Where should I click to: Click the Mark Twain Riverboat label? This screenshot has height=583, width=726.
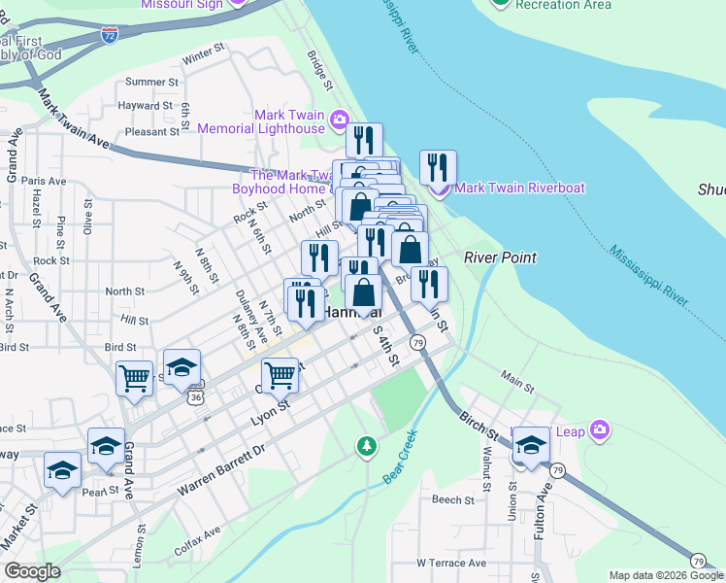520,188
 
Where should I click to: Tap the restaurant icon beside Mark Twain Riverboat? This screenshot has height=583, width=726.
438,167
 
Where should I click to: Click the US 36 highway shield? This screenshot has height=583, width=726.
196,396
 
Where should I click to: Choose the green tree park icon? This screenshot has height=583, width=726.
366,446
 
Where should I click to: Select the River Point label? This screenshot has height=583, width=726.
500,257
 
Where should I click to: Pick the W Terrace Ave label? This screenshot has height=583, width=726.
450,563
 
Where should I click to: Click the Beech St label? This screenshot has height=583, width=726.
452,499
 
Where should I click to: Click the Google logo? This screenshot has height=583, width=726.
32,571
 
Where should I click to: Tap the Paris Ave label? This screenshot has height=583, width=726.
44,181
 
